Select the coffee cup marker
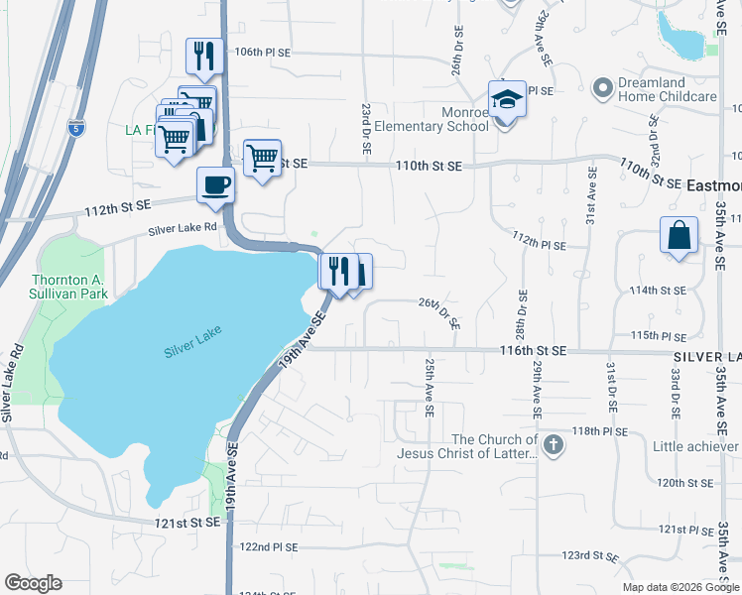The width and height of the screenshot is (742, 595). [215, 184]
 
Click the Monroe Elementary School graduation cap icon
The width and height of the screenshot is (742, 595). [506, 100]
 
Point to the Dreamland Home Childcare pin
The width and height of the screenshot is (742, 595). [601, 89]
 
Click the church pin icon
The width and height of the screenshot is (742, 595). [554, 445]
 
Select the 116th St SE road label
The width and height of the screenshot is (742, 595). [533, 351]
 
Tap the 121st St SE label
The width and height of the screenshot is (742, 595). [185, 522]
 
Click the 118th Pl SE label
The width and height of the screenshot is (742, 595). [600, 431]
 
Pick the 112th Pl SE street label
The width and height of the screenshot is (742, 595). [539, 244]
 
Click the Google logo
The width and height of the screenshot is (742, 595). [33, 583]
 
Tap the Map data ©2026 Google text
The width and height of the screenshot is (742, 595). [680, 587]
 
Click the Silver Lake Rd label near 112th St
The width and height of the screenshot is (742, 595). [183, 229]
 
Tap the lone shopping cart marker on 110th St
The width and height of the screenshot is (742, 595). [262, 156]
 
